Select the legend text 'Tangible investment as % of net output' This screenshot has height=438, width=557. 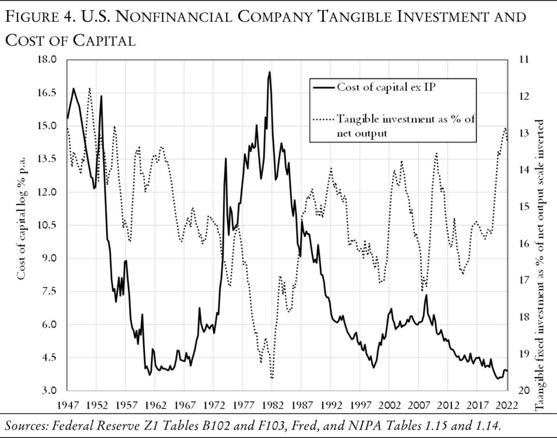point(406,126)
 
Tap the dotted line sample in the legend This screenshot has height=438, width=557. point(322,119)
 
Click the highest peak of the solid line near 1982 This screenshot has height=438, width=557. point(269,72)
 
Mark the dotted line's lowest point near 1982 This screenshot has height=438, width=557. point(271,378)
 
